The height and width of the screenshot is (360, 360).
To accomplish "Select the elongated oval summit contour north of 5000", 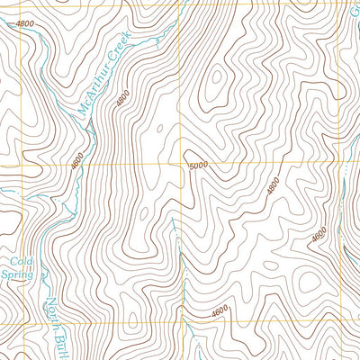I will (214, 85).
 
